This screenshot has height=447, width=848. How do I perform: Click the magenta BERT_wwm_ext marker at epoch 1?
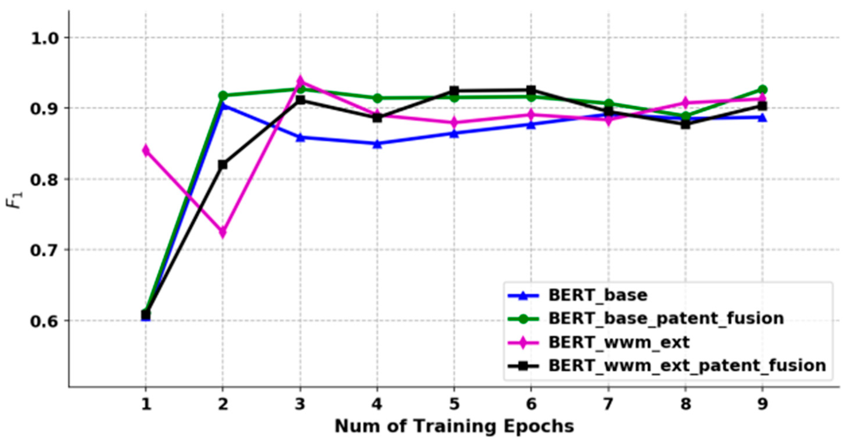pyautogui.click(x=146, y=150)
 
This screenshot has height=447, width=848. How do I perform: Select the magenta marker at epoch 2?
pyautogui.click(x=223, y=232)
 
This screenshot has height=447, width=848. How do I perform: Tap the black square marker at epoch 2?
pyautogui.click(x=223, y=164)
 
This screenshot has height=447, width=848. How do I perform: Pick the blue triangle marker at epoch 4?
pyautogui.click(x=377, y=144)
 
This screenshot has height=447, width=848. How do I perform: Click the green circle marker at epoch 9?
pyautogui.click(x=762, y=90)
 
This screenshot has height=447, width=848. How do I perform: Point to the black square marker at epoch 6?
pyautogui.click(x=531, y=90)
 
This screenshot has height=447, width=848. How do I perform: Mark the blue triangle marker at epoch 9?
pyautogui.click(x=762, y=118)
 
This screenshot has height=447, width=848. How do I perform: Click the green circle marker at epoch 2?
pyautogui.click(x=223, y=96)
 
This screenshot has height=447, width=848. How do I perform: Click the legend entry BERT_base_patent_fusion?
pyautogui.click(x=666, y=319)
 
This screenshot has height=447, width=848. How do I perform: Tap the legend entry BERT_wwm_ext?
pyautogui.click(x=619, y=342)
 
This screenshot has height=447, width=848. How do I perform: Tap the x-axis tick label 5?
pyautogui.click(x=454, y=404)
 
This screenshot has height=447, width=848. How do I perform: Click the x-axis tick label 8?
pyautogui.click(x=685, y=404)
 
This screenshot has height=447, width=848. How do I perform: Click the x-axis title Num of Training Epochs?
pyautogui.click(x=454, y=427)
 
